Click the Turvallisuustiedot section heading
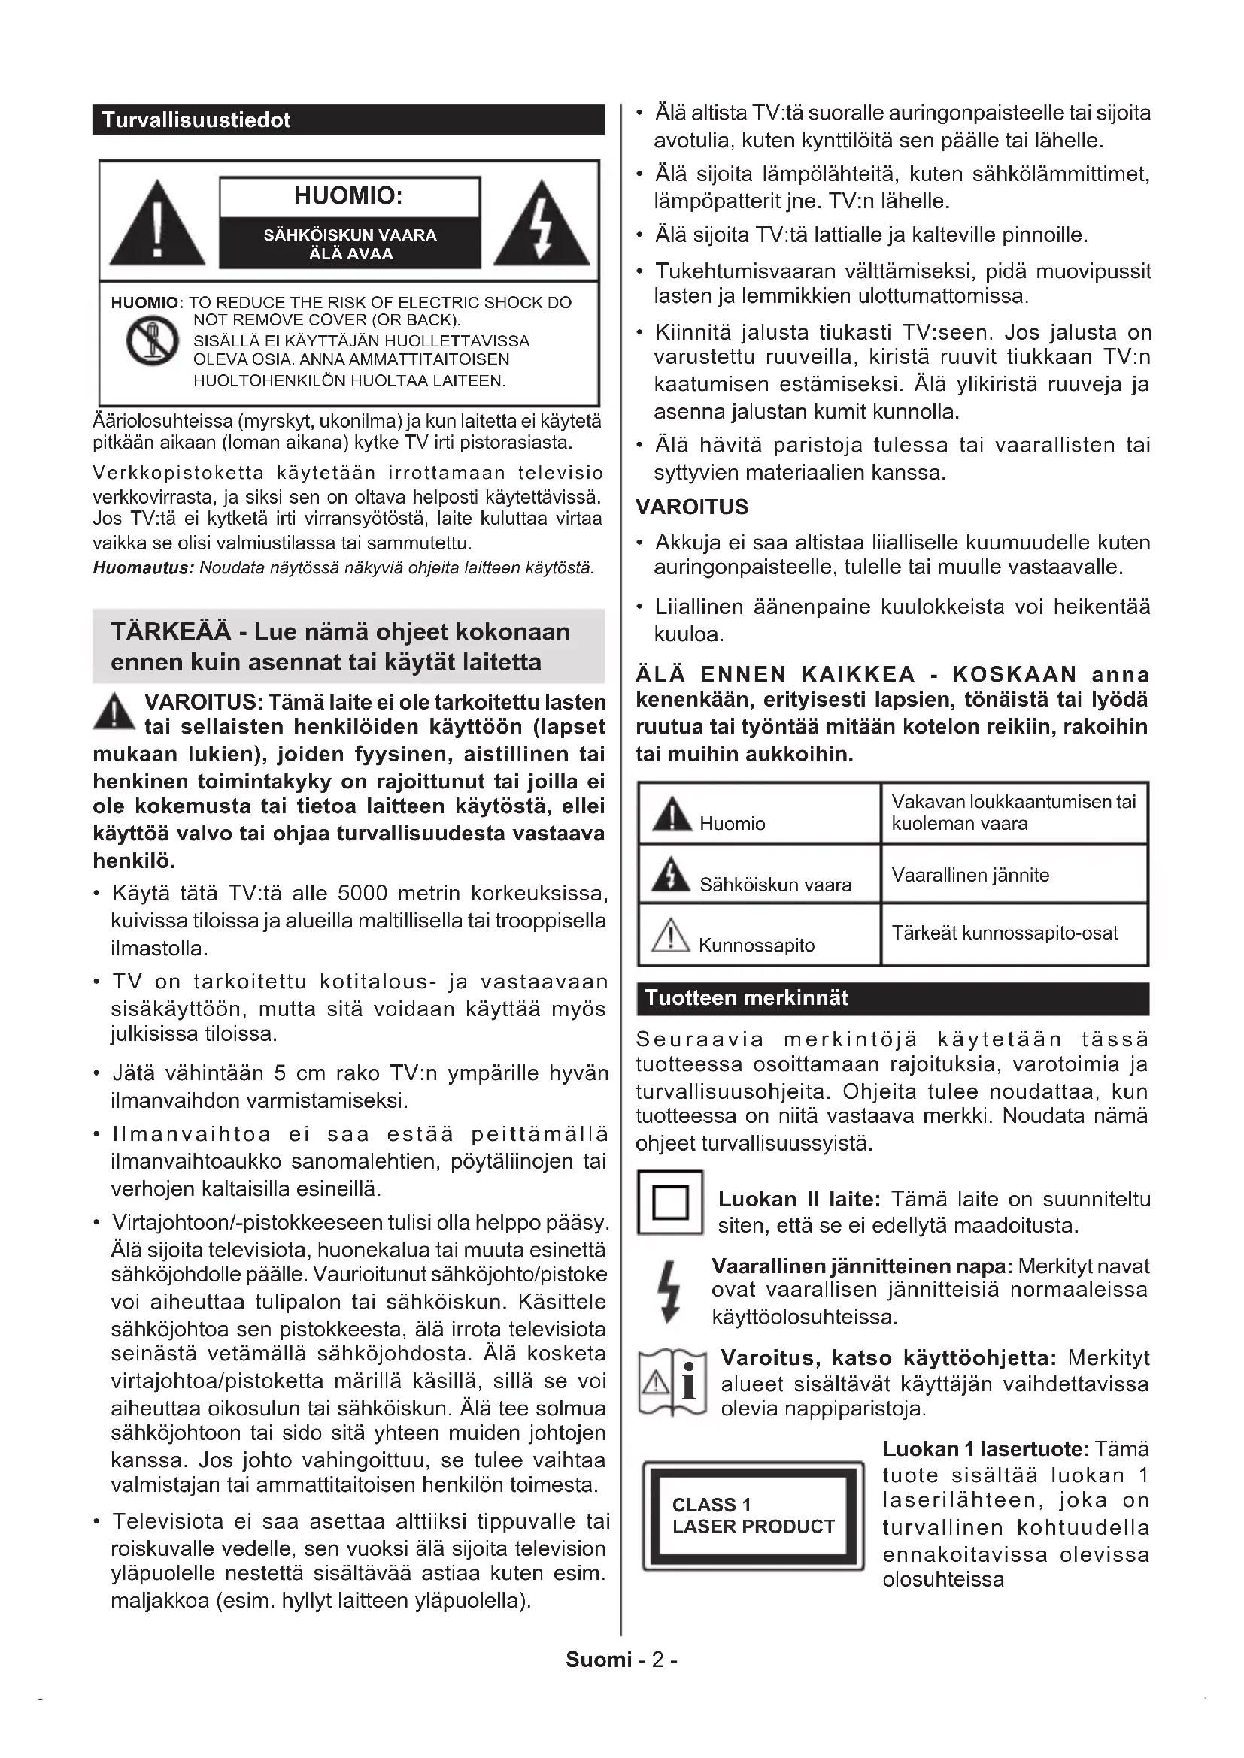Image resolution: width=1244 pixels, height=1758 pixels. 196,120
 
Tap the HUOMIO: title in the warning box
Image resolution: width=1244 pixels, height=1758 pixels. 348,196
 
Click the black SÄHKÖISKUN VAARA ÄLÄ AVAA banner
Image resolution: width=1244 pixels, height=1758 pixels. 350,244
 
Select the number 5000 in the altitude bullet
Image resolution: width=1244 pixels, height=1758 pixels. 363,894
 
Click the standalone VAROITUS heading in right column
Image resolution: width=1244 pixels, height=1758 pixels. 692,507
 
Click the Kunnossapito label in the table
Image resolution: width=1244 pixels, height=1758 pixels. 756,946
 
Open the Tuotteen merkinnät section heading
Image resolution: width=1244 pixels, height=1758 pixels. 746,997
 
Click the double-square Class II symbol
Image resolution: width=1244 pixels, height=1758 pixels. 670,1202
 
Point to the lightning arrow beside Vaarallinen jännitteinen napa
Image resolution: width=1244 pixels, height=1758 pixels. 670,1292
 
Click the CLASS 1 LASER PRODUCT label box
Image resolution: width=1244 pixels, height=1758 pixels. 753,1516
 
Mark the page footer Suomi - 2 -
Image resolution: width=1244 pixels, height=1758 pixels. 621,1660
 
